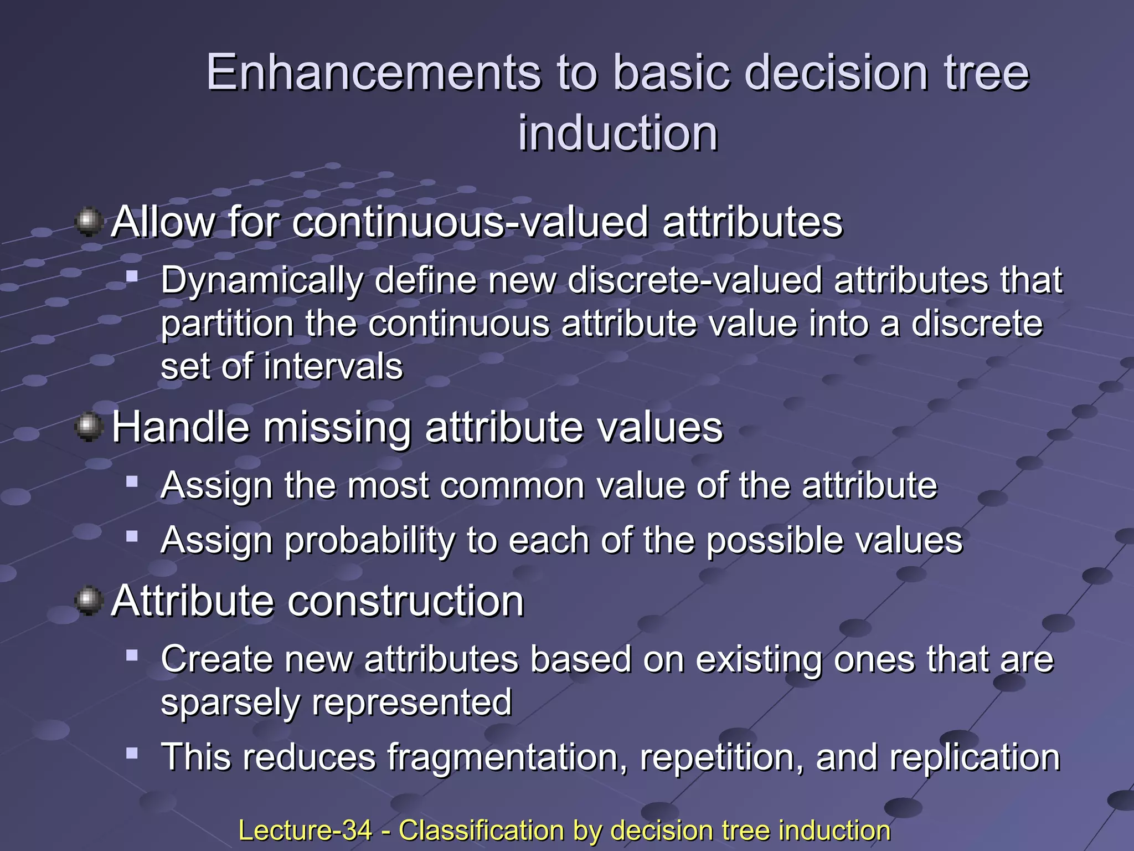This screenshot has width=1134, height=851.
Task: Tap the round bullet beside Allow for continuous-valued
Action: (88, 223)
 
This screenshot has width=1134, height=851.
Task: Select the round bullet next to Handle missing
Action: (88, 428)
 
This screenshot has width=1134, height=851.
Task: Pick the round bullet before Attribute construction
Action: (88, 602)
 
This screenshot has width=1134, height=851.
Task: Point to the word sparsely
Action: (230, 703)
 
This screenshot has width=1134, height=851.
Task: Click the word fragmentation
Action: (507, 757)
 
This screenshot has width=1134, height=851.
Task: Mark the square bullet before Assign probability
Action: (132, 536)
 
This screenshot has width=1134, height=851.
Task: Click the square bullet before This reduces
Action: (132, 753)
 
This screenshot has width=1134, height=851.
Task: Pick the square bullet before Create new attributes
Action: (132, 655)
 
